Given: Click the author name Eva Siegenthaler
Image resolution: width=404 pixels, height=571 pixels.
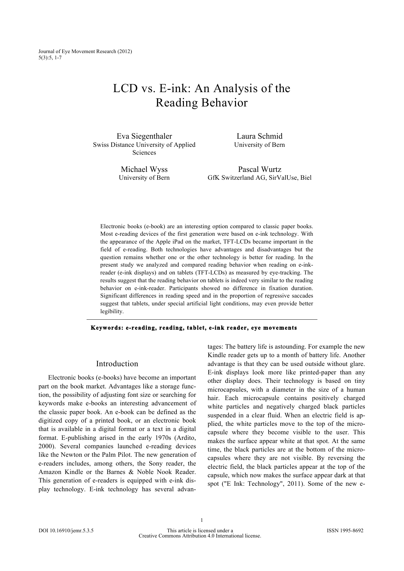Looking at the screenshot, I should [x=144, y=136].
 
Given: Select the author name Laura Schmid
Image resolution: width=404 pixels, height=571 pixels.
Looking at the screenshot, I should [x=259, y=136].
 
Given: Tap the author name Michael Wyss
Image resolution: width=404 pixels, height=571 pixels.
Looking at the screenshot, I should [x=144, y=169].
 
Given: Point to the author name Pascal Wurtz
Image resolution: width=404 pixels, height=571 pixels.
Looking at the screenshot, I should [x=259, y=169].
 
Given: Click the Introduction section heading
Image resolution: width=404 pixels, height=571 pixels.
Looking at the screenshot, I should [x=117, y=364].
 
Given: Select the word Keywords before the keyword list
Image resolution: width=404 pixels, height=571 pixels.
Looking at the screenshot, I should [x=105, y=328].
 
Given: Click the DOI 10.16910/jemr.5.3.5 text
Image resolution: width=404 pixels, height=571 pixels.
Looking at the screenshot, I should [x=66, y=530].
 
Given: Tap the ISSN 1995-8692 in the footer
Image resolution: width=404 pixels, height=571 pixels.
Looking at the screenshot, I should [x=345, y=530].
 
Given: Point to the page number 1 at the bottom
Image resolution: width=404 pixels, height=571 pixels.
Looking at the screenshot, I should [x=202, y=520].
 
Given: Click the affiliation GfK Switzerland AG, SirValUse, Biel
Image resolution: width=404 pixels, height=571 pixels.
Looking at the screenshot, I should [x=259, y=178].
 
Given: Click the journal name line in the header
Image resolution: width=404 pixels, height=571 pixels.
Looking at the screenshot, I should [x=85, y=51].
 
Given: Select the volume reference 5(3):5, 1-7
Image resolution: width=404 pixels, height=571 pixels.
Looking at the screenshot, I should [x=50, y=58].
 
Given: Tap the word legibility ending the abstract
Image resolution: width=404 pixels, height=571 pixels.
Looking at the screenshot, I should [x=112, y=312].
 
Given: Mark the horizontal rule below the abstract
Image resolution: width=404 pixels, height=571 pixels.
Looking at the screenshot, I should [x=202, y=320].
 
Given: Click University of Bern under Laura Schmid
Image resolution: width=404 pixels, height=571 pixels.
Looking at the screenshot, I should [x=259, y=145].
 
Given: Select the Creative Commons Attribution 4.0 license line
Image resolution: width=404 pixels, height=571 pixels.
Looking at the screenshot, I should [x=200, y=536].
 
